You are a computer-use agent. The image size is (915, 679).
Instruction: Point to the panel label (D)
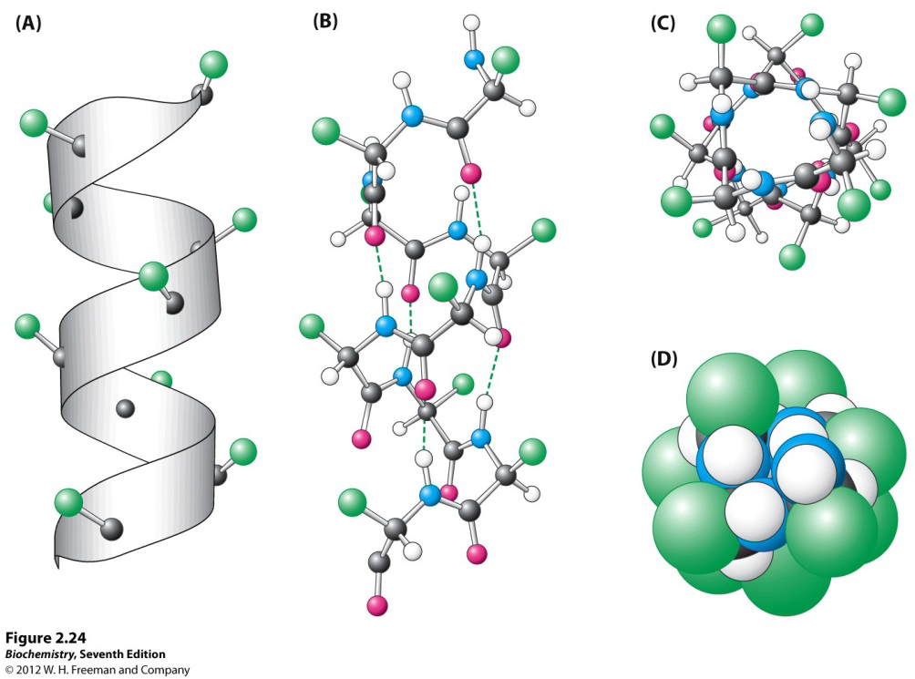coord(663,358)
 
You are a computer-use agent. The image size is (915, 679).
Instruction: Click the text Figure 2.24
coord(45,636)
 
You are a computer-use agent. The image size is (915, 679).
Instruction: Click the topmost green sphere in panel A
coord(213,64)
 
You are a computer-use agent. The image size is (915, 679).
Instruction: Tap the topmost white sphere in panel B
coord(471,23)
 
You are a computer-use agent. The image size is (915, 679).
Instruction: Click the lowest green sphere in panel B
coord(351,500)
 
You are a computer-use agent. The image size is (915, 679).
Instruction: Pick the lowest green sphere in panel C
coord(794,256)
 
